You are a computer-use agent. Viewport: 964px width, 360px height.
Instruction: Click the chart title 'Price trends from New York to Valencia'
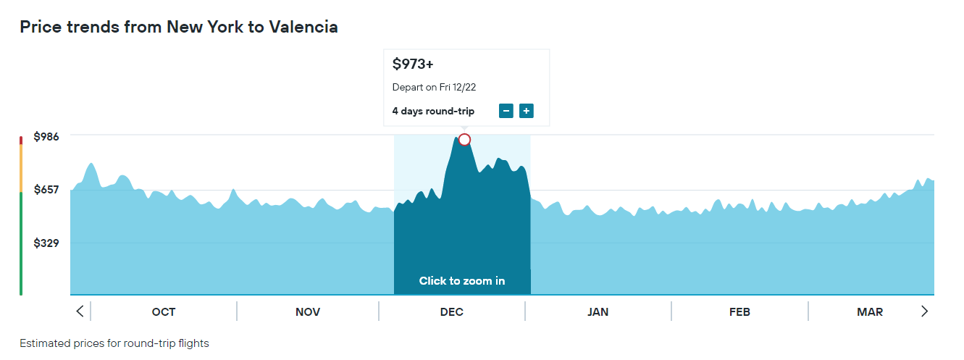(x=178, y=28)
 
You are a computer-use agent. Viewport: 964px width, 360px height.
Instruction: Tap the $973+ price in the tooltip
(x=413, y=64)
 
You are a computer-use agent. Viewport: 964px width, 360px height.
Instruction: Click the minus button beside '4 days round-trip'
(x=506, y=111)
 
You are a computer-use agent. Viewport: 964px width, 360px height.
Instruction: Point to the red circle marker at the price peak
(x=464, y=139)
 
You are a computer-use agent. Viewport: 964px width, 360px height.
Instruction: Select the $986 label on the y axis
(x=46, y=137)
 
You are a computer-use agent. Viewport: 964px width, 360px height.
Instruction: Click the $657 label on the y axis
(x=46, y=190)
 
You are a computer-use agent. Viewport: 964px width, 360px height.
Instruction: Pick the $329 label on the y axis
(x=46, y=243)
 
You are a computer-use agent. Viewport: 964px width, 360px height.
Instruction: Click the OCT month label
(x=164, y=312)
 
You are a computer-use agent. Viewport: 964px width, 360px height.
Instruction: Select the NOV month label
(x=308, y=312)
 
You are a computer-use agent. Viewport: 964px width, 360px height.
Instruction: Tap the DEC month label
(x=452, y=312)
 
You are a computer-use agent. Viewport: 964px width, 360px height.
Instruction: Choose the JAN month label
(x=598, y=312)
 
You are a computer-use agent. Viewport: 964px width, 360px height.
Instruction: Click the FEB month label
(x=739, y=312)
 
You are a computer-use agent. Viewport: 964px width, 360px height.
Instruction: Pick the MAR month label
(x=870, y=312)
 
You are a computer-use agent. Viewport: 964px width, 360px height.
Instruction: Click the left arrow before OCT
(x=80, y=311)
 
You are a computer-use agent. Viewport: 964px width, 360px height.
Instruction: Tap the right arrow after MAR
(x=924, y=311)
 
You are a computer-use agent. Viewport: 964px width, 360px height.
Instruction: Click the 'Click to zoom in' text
(x=462, y=281)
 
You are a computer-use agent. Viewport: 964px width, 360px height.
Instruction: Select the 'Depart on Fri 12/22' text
(x=434, y=88)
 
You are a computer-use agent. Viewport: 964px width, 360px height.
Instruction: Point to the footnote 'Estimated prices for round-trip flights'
(x=114, y=343)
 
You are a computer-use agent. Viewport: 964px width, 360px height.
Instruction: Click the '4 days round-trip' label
(x=433, y=111)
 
